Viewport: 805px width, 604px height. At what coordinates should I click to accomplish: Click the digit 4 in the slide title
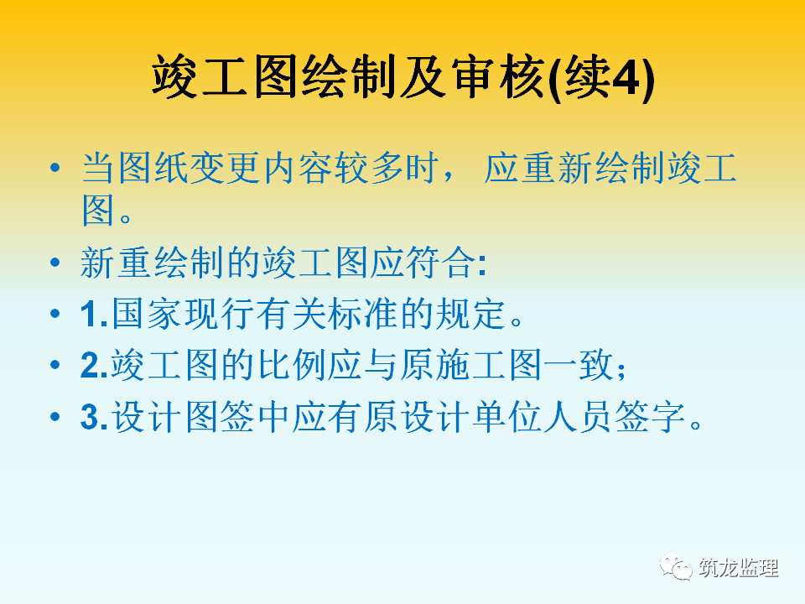pos(627,77)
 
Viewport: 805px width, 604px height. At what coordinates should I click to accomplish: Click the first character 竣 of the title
pos(174,77)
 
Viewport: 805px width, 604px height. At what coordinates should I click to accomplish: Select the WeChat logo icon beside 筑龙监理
pos(676,567)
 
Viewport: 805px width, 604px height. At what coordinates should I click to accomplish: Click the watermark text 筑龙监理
pos(738,568)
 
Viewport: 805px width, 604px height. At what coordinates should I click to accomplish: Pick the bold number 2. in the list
pos(94,365)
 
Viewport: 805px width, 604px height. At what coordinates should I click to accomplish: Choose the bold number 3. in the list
pos(94,417)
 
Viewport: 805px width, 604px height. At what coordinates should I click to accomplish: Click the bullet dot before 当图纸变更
pos(55,168)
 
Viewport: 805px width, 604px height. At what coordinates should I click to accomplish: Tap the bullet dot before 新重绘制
pos(55,263)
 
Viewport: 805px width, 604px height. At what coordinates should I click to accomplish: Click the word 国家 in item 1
pos(146,313)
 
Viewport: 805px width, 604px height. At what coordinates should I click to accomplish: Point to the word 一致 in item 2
pos(578,365)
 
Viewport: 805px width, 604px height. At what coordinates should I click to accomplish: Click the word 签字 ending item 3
pos(651,416)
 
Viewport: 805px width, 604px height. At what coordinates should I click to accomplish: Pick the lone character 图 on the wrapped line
pos(97,210)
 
